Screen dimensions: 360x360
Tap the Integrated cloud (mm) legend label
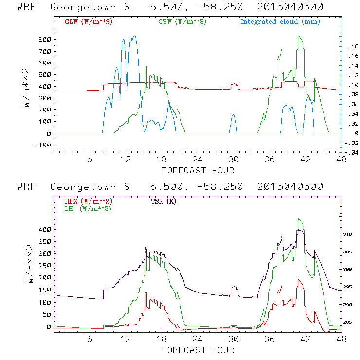(280, 22)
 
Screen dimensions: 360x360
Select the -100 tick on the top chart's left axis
(42, 145)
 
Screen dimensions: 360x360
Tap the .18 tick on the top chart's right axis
(351, 46)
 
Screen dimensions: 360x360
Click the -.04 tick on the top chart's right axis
(350, 152)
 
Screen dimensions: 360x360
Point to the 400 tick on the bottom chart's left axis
(44, 229)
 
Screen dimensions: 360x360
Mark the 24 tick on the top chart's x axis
(198, 160)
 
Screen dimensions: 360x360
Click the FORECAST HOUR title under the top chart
(198, 170)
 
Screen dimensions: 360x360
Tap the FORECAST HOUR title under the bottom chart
(198, 350)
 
